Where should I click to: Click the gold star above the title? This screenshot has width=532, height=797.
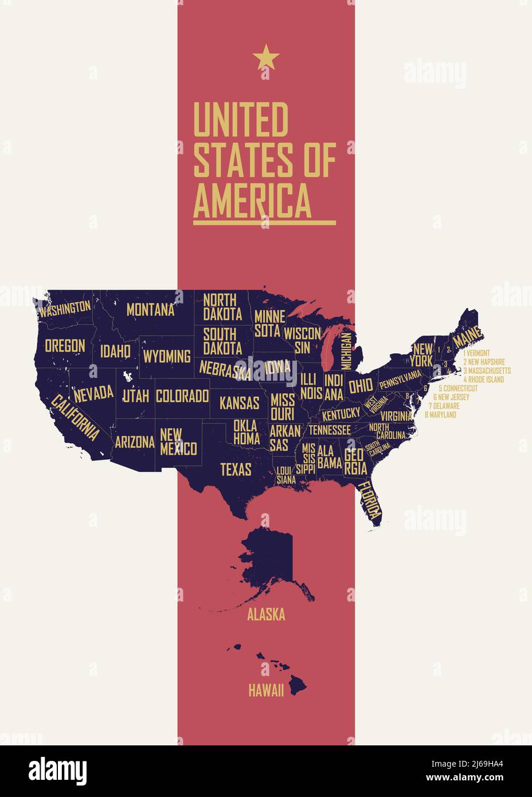[265, 58]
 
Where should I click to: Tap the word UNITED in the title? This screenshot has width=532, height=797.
[240, 120]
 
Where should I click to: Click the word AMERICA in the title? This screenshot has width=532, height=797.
[252, 199]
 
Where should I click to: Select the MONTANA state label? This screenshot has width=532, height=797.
[150, 310]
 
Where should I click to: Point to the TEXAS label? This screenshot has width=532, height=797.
[236, 470]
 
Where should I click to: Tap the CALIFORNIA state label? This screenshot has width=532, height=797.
[75, 417]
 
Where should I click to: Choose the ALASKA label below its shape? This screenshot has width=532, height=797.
[266, 615]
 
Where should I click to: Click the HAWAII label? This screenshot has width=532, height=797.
[266, 690]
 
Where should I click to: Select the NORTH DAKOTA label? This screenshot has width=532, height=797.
[222, 307]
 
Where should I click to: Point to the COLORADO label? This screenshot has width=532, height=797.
[182, 396]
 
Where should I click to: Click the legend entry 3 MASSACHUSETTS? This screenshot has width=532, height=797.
[487, 371]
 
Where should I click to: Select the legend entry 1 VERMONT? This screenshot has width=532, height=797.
[476, 353]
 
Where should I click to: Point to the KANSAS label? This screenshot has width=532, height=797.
[239, 403]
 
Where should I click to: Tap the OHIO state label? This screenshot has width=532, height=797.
[360, 385]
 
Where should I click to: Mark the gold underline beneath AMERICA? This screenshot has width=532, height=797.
[264, 222]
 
